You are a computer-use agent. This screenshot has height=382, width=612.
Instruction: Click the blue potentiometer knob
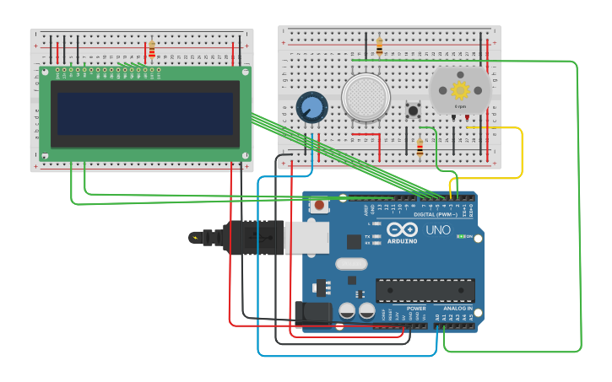pos(311,107)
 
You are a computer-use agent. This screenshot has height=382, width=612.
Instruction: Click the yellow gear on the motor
pos(460,89)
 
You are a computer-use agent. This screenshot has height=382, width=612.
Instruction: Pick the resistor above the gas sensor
pos(379,46)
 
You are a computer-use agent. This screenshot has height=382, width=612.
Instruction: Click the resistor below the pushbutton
pos(420,148)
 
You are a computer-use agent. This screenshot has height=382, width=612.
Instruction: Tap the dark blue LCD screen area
pos(145,114)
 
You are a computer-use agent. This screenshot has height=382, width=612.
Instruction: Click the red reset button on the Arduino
pos(320,205)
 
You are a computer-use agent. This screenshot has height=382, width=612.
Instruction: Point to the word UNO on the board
pos(437,229)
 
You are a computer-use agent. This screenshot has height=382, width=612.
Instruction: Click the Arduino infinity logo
pos(402,229)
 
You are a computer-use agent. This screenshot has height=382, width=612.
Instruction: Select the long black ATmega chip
pos(425,290)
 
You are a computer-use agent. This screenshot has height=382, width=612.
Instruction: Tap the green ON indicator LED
pos(460,236)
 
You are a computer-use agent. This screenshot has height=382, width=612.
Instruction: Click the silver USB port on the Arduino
pos(306,238)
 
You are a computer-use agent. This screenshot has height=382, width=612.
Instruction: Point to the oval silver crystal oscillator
pos(350,264)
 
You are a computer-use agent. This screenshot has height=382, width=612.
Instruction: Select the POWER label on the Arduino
pos(416,308)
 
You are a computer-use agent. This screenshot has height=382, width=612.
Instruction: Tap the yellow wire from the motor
pos(522,152)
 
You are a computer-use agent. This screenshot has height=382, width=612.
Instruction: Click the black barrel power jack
pos(314,313)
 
